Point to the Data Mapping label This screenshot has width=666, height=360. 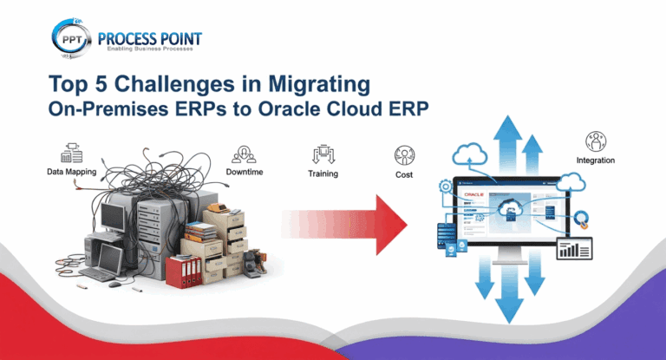72,172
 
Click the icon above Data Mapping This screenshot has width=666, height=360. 72,151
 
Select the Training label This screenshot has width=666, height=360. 323,173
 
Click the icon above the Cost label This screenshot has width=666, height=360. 403,156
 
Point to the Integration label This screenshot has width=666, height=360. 596,160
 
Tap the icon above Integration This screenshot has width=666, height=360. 596,140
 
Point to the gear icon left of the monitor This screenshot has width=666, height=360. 446,188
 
